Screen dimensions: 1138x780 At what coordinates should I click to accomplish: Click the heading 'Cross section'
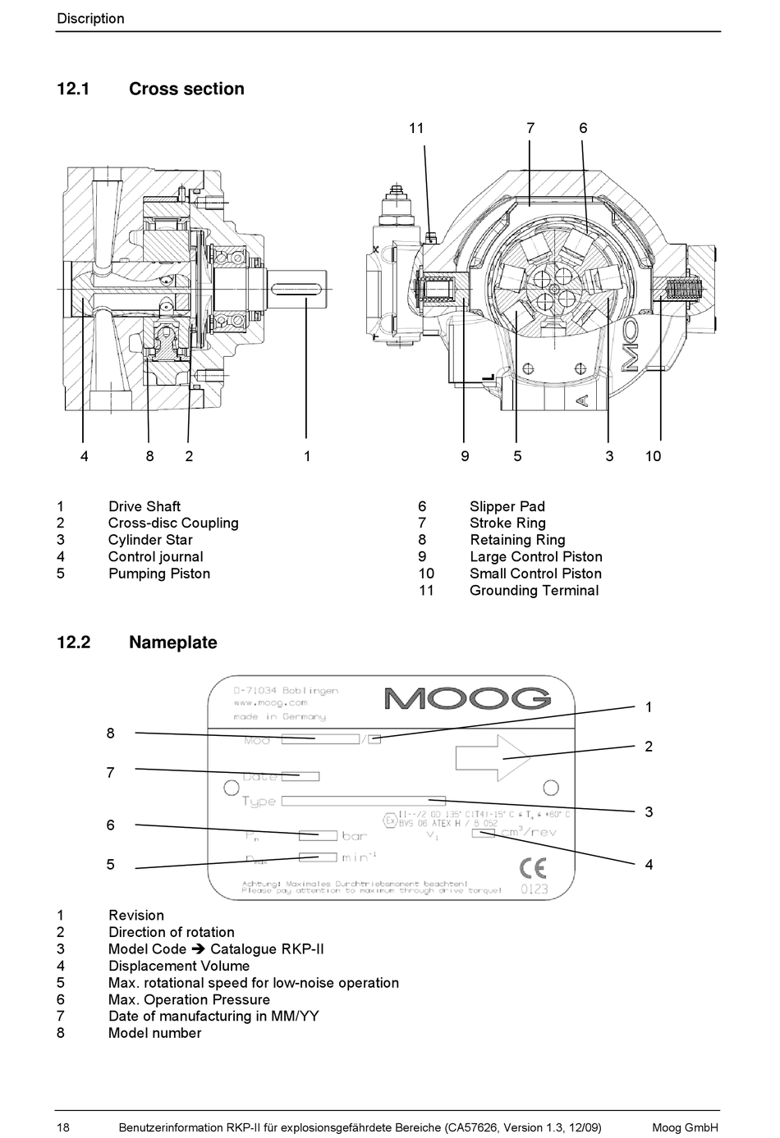coord(186,89)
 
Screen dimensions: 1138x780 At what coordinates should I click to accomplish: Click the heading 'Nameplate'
coord(172,642)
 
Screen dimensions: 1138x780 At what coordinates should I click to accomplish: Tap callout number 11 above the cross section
coord(416,128)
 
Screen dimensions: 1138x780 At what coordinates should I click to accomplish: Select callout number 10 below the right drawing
coord(653,456)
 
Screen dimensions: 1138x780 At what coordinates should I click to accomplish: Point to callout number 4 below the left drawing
coord(84,456)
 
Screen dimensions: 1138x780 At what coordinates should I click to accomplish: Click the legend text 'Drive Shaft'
coord(144,506)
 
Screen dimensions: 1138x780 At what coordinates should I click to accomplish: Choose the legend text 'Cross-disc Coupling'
coord(173,523)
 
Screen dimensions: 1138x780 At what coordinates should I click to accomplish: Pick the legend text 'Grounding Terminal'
coord(534,590)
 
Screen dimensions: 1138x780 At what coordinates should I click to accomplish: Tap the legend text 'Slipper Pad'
coord(507,506)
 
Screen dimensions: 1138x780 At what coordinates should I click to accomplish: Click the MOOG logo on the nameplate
coord(467,698)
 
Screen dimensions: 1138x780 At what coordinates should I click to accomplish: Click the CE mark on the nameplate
coord(533,867)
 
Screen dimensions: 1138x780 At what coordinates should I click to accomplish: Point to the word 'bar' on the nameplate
coord(355,836)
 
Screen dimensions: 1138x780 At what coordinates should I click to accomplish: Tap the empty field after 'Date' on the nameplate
coord(300,776)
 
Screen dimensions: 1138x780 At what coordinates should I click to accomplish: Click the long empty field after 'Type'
coord(363,801)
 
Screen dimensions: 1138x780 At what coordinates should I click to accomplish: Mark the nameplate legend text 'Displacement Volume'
coord(178,966)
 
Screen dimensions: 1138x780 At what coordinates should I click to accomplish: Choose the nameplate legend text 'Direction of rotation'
coord(171,932)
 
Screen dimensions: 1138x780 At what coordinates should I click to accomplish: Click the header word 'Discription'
coord(90,18)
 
